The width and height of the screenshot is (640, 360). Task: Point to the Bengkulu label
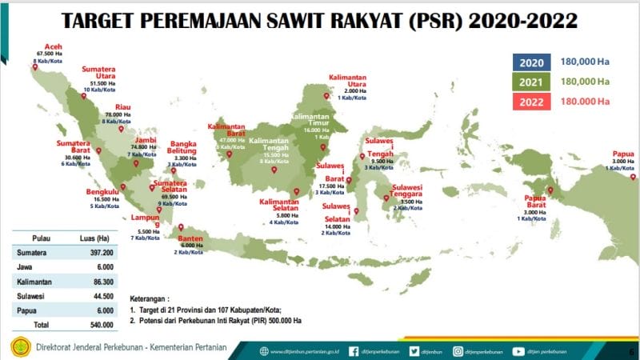coord(103,192)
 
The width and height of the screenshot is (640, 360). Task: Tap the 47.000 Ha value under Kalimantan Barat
coord(228,140)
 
